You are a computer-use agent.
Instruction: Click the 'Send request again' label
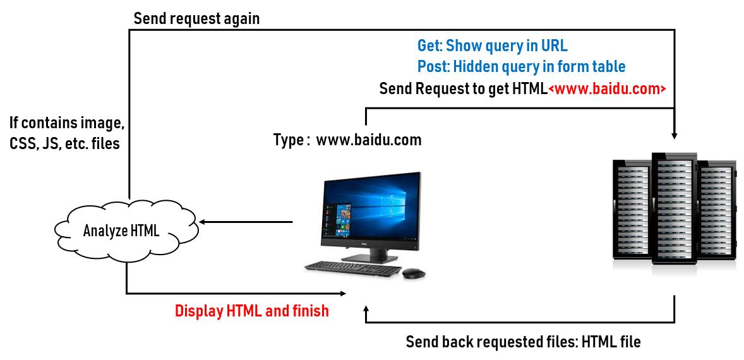[x=196, y=18]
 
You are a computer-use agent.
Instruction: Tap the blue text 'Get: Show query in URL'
[x=493, y=45]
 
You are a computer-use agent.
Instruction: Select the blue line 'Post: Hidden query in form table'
[x=522, y=66]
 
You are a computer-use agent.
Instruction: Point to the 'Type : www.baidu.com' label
[x=347, y=140]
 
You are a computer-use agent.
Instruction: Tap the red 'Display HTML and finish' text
[x=252, y=311]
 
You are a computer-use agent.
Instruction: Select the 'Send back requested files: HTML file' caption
[x=523, y=342]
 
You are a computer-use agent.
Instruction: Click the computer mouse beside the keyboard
[x=414, y=273]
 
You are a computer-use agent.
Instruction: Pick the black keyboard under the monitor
[x=352, y=270]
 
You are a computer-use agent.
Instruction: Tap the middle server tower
[x=675, y=208]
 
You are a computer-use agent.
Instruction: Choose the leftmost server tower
[x=632, y=209]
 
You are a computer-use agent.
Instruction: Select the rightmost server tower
[x=716, y=209]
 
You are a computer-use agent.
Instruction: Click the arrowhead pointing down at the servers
[x=675, y=136]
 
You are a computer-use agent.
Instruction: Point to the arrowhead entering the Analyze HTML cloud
[x=202, y=222]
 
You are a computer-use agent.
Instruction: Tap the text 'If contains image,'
[x=67, y=123]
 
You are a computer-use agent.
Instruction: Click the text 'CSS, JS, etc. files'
[x=64, y=144]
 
